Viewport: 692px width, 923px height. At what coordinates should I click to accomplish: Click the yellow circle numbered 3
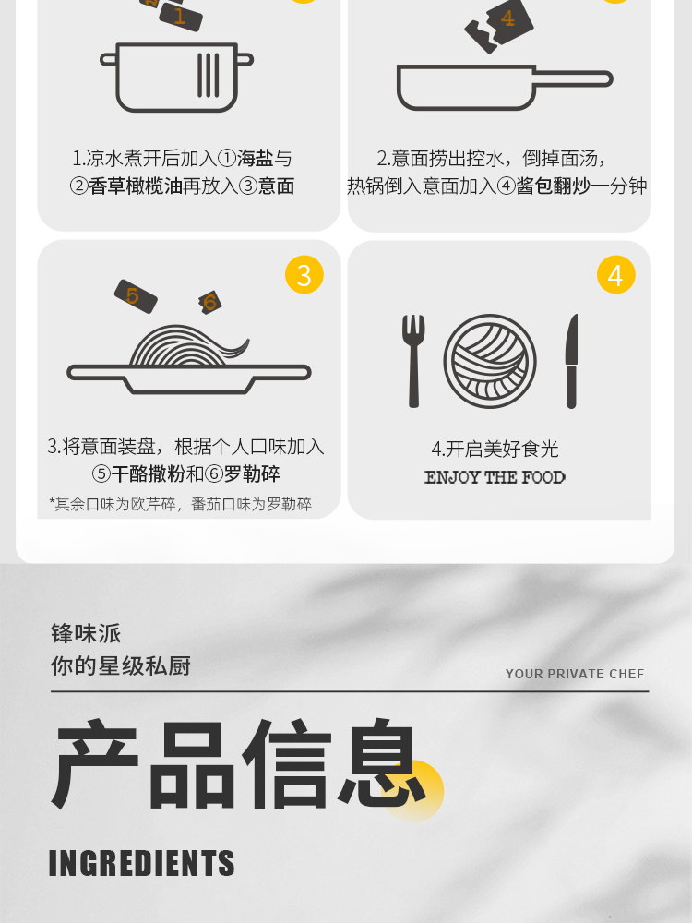pyautogui.click(x=304, y=274)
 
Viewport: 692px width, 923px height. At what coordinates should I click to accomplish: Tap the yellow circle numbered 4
pyautogui.click(x=615, y=274)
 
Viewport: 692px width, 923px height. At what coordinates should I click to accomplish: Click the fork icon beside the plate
pyautogui.click(x=413, y=361)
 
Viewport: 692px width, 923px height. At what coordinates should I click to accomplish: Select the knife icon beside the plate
pyautogui.click(x=571, y=361)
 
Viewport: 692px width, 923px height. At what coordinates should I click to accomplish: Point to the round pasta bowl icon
pyautogui.click(x=490, y=361)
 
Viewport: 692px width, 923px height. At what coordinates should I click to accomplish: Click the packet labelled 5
pyautogui.click(x=136, y=296)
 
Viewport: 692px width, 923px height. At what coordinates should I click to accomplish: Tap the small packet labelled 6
pyautogui.click(x=210, y=303)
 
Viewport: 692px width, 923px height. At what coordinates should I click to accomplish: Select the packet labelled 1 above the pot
pyautogui.click(x=180, y=17)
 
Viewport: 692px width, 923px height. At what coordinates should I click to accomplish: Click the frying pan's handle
pyautogui.click(x=574, y=78)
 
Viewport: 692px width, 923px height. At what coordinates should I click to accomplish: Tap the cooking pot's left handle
pyautogui.click(x=109, y=59)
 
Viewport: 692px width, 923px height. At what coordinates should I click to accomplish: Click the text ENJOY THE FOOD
pyautogui.click(x=495, y=477)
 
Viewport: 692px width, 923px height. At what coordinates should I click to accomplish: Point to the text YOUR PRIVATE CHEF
pyautogui.click(x=574, y=674)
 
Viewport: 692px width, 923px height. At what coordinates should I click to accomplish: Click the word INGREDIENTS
pyautogui.click(x=141, y=863)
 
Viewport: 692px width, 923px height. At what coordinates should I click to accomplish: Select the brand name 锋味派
pyautogui.click(x=86, y=634)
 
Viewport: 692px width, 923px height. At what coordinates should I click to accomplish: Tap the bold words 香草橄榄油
pyautogui.click(x=136, y=186)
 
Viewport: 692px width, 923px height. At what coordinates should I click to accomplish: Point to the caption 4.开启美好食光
pyautogui.click(x=495, y=450)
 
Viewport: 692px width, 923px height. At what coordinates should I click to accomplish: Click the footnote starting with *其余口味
pyautogui.click(x=180, y=505)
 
